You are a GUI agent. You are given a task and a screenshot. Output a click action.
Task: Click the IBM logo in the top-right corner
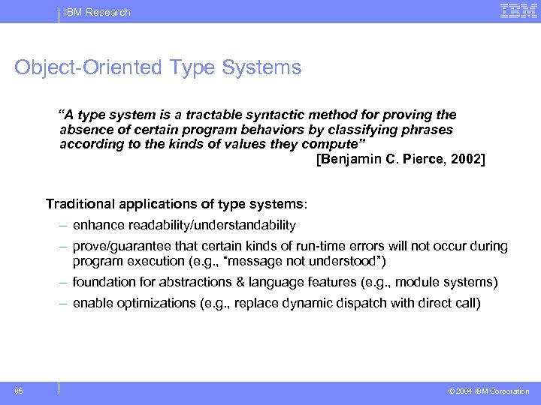point(518,11)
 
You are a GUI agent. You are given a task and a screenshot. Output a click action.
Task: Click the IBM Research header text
point(97,12)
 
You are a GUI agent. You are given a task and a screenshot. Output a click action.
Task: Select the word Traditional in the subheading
point(79,204)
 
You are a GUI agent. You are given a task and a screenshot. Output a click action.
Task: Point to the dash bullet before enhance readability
point(66,225)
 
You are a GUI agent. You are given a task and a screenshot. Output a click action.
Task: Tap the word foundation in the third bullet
point(102,282)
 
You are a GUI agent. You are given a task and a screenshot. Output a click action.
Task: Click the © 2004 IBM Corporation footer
point(489,391)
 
